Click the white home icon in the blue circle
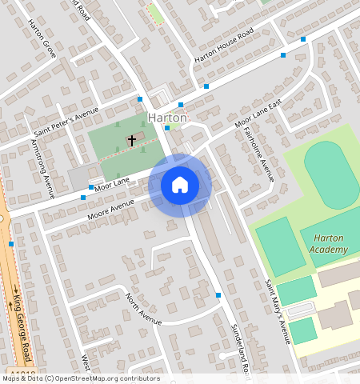pos(180,185)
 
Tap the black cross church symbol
pos(132,140)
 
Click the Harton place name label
pos(167,118)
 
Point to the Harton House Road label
pos(224,47)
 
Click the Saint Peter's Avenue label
pos(66,121)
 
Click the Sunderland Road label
pos(240,352)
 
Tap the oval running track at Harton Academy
pos(332,174)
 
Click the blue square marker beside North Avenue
pos(218,295)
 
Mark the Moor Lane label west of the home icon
pos(113,182)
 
